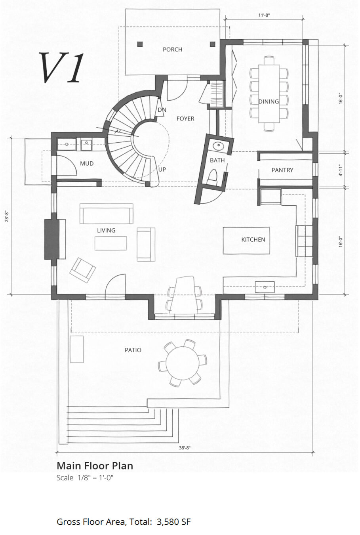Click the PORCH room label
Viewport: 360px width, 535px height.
coord(172,50)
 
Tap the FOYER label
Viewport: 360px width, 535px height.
coord(185,119)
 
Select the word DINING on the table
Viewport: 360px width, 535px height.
coord(269,101)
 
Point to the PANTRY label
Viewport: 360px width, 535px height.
coord(282,170)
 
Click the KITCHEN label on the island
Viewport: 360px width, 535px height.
coord(253,239)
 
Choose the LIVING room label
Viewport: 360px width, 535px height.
coord(106,231)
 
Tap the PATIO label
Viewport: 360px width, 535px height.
coord(133,350)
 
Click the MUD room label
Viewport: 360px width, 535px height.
coord(87,164)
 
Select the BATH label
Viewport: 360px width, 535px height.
coord(217,160)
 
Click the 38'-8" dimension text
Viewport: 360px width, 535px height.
coord(185,448)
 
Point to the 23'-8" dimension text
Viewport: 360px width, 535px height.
coord(7,216)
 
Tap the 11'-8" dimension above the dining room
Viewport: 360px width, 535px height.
coord(264,15)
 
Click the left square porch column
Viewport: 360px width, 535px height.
coord(140,44)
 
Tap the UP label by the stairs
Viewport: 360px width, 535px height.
coord(162,170)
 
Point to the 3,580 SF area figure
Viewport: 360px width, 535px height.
coord(174,522)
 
